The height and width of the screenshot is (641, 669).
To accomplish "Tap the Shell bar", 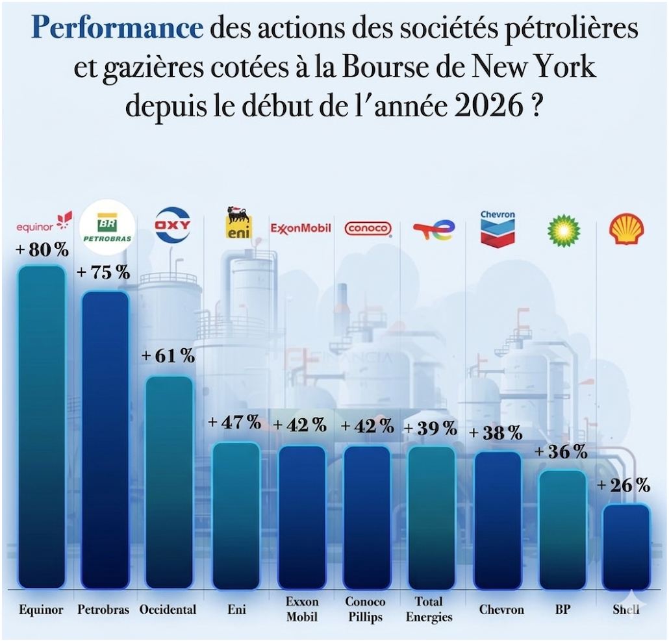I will pyautogui.click(x=625, y=546).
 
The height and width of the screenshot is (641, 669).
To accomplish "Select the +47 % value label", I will pyautogui.click(x=234, y=422).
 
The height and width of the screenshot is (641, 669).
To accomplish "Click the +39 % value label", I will pyautogui.click(x=430, y=428).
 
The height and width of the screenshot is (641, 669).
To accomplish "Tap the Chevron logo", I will pyautogui.click(x=498, y=228).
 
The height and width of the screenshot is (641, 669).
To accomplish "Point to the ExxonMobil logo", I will pyautogui.click(x=301, y=229).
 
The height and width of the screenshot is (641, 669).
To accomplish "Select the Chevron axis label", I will pyautogui.click(x=498, y=610).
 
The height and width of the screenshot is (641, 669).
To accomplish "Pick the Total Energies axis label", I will pyautogui.click(x=429, y=610).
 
